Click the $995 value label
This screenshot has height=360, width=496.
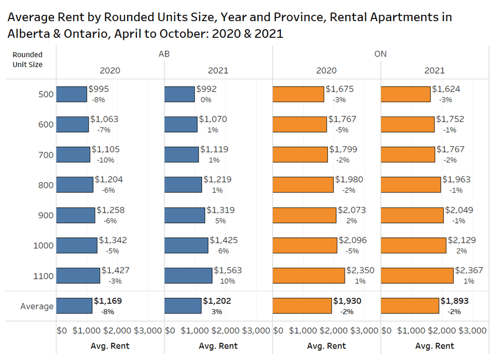point(99,89)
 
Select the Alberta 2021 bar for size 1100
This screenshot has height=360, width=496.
point(188,275)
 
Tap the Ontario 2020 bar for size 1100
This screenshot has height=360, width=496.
point(309,275)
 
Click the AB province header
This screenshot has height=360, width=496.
point(164,54)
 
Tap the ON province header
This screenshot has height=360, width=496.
point(380,54)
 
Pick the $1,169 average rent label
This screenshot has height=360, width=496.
point(108,301)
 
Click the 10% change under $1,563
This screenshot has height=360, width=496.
point(224,281)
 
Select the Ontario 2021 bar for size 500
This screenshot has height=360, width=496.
point(405,94)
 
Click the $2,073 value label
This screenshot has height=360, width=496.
point(352,209)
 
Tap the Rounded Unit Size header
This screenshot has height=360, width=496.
point(27,59)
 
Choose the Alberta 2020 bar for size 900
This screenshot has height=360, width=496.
point(76,215)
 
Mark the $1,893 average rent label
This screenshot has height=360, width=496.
point(458,301)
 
